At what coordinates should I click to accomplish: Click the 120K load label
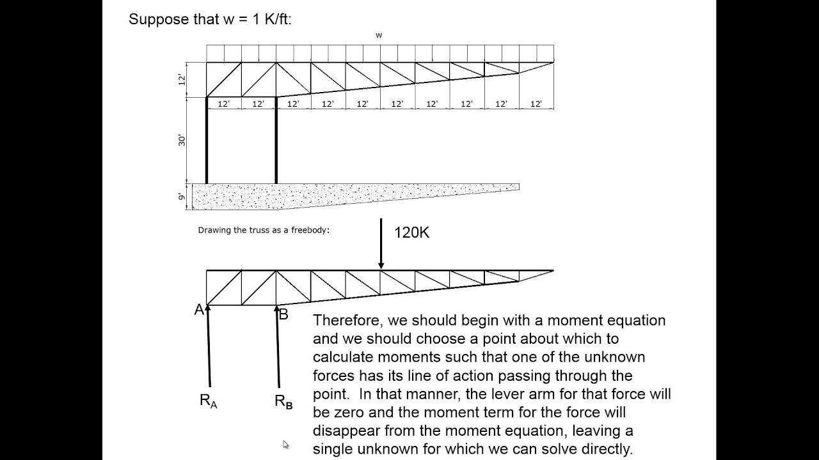[411, 233]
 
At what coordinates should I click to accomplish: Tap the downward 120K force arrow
[381, 243]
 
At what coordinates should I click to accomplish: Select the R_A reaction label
[209, 401]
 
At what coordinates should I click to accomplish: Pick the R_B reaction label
[283, 402]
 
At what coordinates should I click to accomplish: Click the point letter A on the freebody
[199, 310]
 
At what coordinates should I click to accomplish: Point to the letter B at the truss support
[283, 314]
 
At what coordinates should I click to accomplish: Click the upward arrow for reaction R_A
[209, 346]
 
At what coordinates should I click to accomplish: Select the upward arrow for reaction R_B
[278, 346]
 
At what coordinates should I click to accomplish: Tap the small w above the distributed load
[379, 35]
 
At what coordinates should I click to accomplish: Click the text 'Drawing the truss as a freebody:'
[264, 231]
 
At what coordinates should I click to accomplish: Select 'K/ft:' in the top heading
[278, 19]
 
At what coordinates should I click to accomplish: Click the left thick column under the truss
[207, 141]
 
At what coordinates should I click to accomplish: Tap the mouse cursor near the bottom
[285, 444]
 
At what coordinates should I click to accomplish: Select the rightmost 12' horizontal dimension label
[536, 104]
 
